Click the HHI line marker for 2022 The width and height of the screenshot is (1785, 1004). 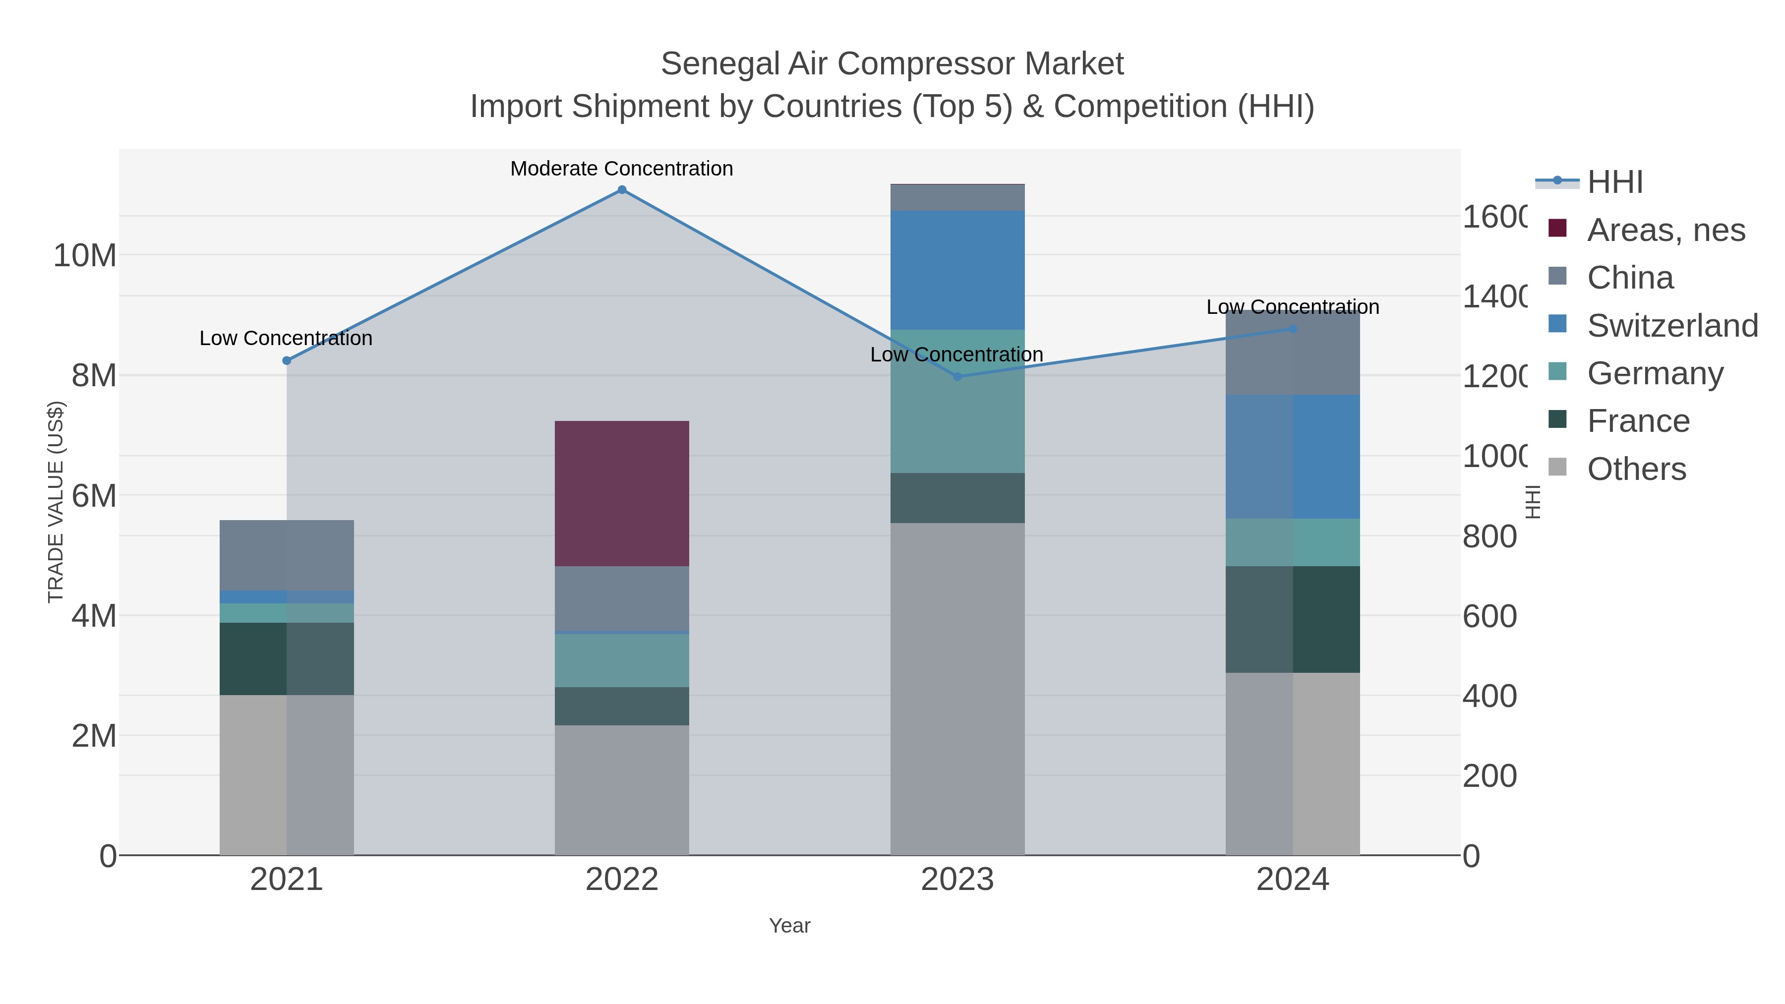(x=622, y=190)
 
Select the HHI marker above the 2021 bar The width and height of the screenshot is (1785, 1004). (x=286, y=360)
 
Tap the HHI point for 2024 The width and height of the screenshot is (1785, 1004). (x=1292, y=329)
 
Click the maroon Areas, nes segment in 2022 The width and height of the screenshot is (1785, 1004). (x=622, y=493)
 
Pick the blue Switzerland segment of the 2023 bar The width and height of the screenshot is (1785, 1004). (x=957, y=270)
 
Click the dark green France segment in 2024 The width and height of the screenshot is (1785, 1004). (x=1292, y=619)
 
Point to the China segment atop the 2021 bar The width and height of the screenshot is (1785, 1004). (x=286, y=555)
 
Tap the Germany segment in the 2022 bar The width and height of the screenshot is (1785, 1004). (x=622, y=660)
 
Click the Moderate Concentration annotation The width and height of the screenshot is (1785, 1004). (x=622, y=169)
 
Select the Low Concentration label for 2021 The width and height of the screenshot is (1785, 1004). (x=286, y=338)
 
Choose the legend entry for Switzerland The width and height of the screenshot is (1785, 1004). (x=1671, y=326)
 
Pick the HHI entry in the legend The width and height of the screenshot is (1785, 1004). (x=1614, y=182)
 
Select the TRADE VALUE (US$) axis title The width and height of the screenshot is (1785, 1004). (x=56, y=502)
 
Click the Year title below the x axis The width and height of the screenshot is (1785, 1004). (x=789, y=926)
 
